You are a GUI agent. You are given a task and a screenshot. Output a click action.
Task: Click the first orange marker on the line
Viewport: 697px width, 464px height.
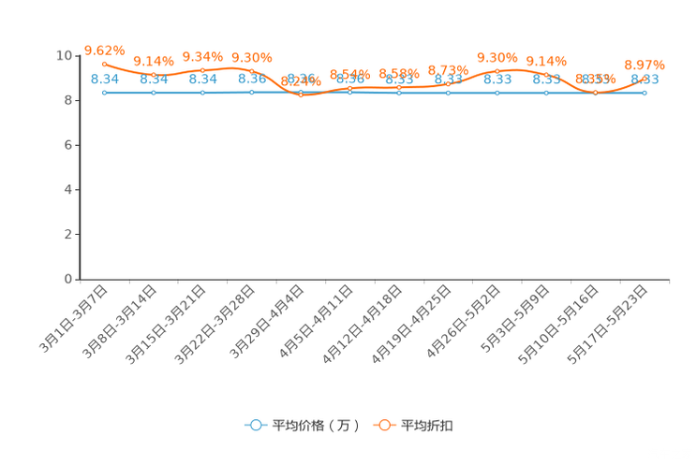click(x=104, y=63)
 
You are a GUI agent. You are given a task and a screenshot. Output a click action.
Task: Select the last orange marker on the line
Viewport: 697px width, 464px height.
click(x=644, y=78)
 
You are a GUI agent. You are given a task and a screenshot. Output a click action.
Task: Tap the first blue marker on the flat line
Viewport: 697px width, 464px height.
click(x=104, y=92)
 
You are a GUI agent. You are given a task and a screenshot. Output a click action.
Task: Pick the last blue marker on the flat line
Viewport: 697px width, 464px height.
click(x=644, y=92)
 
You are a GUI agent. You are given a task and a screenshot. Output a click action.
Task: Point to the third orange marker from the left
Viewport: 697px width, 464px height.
click(x=202, y=69)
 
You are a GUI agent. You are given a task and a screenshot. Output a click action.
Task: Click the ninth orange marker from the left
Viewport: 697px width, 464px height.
click(x=497, y=70)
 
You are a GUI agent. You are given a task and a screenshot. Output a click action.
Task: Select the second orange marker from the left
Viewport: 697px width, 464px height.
click(x=153, y=75)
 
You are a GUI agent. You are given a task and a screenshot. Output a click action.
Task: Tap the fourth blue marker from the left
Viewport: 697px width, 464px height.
click(x=251, y=92)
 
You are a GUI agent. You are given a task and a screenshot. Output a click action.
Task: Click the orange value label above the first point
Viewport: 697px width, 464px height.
click(x=103, y=50)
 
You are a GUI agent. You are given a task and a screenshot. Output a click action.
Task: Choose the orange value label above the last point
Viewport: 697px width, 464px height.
click(x=645, y=65)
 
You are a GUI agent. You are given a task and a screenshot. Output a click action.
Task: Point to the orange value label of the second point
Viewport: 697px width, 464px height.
click(x=153, y=61)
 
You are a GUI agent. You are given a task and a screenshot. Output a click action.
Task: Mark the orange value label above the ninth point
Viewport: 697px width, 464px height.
click(x=497, y=57)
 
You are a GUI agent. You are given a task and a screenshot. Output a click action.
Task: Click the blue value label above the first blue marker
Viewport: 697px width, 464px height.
click(x=104, y=80)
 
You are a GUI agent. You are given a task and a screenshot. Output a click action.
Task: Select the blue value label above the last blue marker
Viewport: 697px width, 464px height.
click(x=645, y=80)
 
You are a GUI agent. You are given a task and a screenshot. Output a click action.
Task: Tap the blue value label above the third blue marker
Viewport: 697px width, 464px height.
click(x=202, y=80)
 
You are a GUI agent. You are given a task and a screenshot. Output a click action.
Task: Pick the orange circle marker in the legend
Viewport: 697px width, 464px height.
click(x=384, y=425)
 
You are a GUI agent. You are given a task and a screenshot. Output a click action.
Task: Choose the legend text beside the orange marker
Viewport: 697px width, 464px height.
click(x=428, y=426)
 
